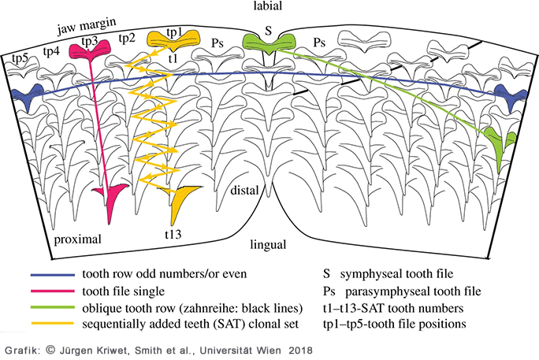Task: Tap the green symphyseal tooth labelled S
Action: point(268,43)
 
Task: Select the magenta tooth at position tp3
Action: point(89,52)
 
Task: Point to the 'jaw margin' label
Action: point(82,27)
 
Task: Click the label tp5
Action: point(19,58)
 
